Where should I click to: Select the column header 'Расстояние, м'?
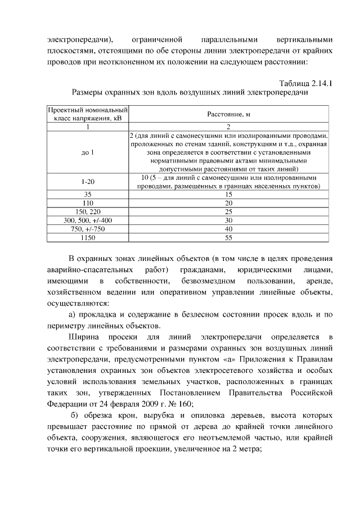point(228,114)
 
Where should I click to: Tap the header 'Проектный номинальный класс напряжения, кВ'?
point(88,114)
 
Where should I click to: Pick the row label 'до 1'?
point(88,152)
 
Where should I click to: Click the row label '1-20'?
point(88,183)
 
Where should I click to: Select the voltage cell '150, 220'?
point(88,212)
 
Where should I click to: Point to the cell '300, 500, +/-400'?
point(88,220)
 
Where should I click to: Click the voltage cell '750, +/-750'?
point(88,229)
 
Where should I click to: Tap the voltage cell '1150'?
point(88,238)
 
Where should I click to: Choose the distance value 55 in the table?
point(228,238)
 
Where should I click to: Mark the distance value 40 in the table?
point(228,229)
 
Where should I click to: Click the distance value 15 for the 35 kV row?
point(228,194)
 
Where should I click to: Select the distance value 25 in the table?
point(228,212)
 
